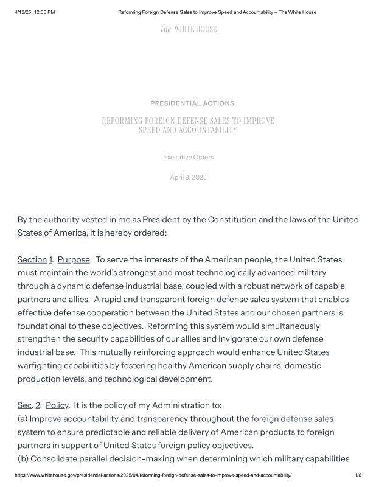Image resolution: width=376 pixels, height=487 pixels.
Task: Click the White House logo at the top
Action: (188, 29)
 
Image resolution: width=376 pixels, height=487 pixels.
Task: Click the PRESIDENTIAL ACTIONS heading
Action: (192, 103)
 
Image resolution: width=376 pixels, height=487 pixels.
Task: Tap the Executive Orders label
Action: (188, 157)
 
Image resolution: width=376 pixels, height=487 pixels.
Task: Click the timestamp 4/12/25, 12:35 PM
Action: (35, 12)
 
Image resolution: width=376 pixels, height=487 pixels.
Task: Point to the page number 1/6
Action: (358, 475)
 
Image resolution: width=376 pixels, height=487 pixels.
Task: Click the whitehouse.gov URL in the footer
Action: (153, 475)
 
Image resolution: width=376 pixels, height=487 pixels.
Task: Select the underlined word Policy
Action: (57, 405)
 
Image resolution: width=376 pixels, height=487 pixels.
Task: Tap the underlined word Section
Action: (32, 260)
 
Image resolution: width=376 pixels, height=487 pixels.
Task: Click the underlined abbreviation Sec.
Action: (24, 405)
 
